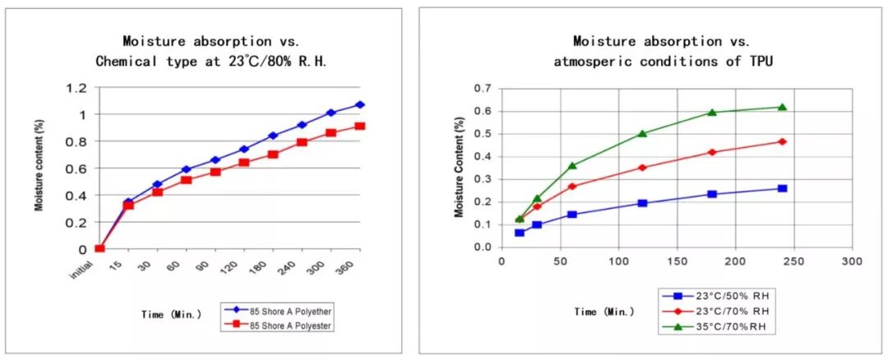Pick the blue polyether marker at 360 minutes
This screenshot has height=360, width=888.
(359, 104)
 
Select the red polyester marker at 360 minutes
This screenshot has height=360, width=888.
(359, 126)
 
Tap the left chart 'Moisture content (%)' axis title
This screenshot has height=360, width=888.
(39, 165)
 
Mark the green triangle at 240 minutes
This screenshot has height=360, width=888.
(782, 107)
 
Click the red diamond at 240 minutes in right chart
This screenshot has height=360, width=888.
(782, 141)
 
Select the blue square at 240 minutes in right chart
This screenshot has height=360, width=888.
(782, 188)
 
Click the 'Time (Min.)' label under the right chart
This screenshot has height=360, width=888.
(604, 312)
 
